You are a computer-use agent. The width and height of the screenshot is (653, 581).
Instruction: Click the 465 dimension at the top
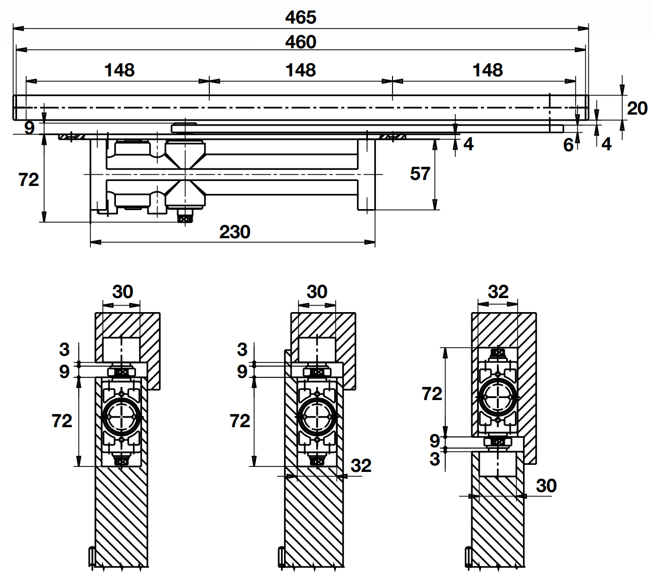(x=301, y=17)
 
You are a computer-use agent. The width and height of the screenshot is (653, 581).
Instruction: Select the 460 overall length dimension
(x=301, y=42)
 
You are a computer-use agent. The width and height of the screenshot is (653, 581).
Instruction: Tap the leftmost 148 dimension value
(x=119, y=70)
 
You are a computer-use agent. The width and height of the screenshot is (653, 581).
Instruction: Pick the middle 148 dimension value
(x=301, y=70)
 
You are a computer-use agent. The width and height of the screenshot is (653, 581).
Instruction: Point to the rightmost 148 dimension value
(x=487, y=70)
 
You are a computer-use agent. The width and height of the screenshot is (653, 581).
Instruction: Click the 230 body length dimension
(x=234, y=232)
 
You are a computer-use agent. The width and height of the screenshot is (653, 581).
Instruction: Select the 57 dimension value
(x=420, y=174)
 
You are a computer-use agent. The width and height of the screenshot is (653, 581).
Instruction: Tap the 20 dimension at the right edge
(x=637, y=108)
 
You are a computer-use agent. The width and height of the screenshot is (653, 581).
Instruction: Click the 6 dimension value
(x=568, y=145)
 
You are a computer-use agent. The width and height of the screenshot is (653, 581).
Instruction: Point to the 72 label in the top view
(x=29, y=179)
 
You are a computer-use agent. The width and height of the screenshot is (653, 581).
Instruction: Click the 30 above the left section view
(x=122, y=292)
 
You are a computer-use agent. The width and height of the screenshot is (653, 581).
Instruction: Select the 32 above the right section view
(x=498, y=292)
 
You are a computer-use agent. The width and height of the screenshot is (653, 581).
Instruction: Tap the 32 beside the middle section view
(x=361, y=465)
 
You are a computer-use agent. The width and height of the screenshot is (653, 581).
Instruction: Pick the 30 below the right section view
(x=546, y=486)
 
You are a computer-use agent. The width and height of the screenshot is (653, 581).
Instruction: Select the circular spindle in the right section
(x=497, y=396)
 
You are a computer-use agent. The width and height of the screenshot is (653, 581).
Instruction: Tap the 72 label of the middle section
(x=239, y=421)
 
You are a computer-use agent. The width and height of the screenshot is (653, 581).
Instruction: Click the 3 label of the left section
(x=64, y=349)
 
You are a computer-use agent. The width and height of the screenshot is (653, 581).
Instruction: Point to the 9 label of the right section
(x=435, y=441)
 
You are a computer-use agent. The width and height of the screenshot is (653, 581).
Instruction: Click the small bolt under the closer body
(x=185, y=218)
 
